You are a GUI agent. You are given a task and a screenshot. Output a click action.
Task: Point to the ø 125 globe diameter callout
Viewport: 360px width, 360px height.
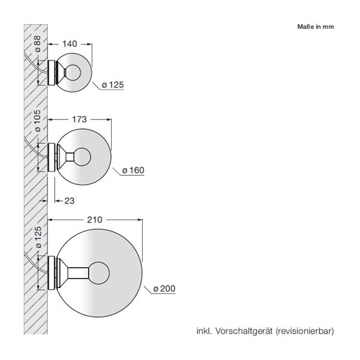point(112,85)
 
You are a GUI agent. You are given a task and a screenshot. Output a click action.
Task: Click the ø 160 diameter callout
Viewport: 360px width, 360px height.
point(133,170)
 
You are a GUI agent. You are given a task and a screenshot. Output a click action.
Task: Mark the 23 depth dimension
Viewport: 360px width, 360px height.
point(69,200)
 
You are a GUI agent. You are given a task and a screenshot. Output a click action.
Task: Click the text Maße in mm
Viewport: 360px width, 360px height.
point(315,26)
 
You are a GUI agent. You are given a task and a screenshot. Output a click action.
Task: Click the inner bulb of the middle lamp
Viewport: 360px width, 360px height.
point(81,158)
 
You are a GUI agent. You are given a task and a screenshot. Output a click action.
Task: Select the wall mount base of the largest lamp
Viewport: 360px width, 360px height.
point(52,272)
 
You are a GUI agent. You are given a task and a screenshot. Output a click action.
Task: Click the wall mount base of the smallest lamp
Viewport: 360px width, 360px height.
point(52,73)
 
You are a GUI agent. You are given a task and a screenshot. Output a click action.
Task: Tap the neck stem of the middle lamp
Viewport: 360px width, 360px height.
point(68,158)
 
